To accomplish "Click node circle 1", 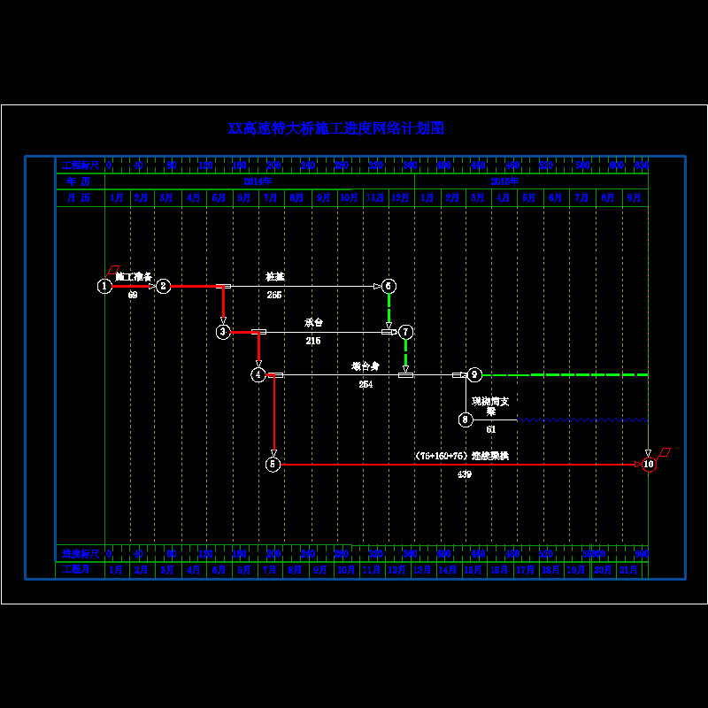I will (x=104, y=286).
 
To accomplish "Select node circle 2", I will (x=163, y=286).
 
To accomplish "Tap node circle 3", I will (x=223, y=332).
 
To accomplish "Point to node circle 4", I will (x=258, y=375).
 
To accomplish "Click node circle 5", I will (x=273, y=464).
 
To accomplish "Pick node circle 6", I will (x=389, y=286).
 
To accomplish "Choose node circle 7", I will (x=406, y=332).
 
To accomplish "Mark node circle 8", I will (x=466, y=419).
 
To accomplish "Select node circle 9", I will (x=474, y=375).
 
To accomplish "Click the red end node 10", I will (x=649, y=464).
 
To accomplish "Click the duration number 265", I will (x=274, y=295).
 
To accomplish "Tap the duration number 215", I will (x=313, y=341).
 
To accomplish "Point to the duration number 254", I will (x=366, y=384).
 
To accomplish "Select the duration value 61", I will (x=491, y=429).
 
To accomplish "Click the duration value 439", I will (x=465, y=474).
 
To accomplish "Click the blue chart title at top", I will (x=336, y=128).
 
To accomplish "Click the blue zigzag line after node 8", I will (x=584, y=419).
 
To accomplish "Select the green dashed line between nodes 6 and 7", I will (x=389, y=310).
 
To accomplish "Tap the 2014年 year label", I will (x=258, y=181).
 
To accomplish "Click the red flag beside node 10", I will (x=664, y=452).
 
